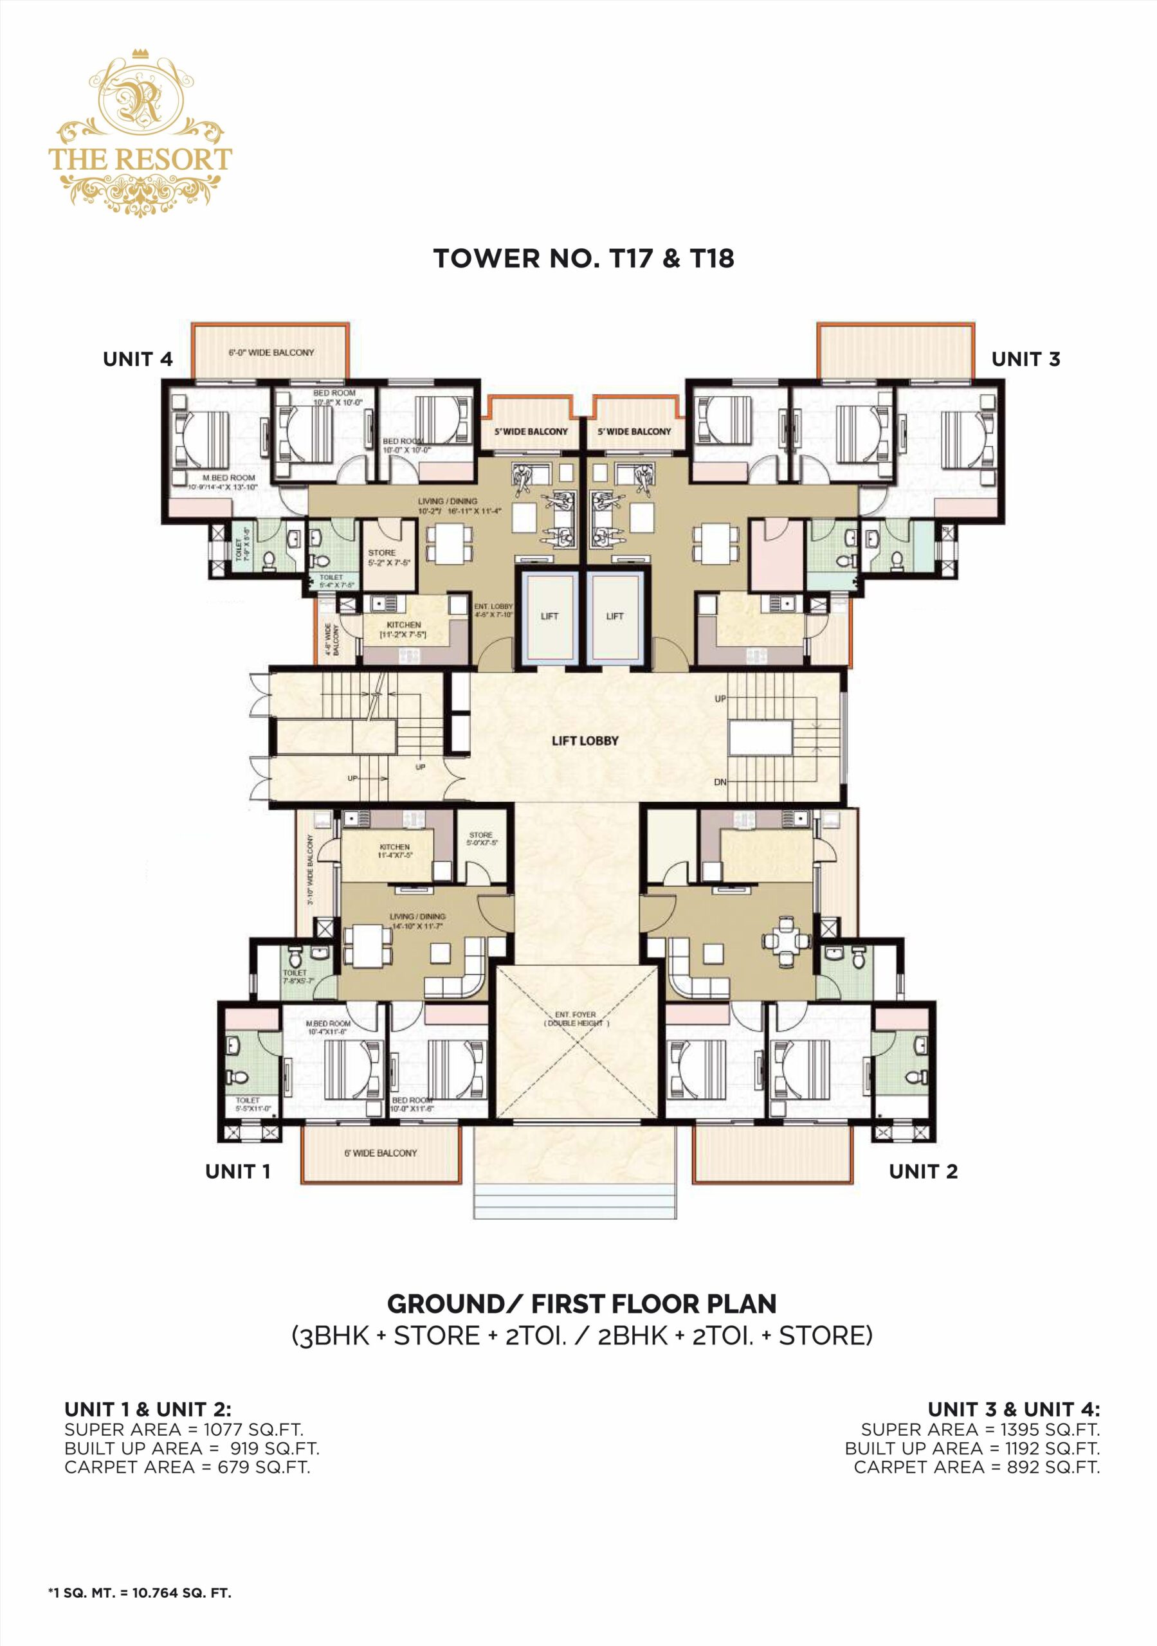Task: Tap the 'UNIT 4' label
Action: click(x=138, y=359)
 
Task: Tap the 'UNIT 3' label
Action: click(x=1025, y=359)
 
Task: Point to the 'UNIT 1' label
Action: click(x=237, y=1171)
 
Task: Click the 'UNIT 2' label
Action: click(x=922, y=1171)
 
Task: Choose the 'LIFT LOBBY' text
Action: click(x=585, y=741)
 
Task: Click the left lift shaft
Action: click(x=549, y=616)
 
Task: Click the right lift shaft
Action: click(x=615, y=616)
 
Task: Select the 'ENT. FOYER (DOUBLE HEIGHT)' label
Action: click(x=575, y=1018)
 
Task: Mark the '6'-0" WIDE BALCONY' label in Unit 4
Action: click(x=271, y=353)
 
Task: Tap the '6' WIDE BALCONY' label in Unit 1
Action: click(x=380, y=1153)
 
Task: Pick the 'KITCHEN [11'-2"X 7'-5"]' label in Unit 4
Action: click(x=403, y=629)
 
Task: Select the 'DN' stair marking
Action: click(x=720, y=782)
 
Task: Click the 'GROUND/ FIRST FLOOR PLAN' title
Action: click(x=582, y=1303)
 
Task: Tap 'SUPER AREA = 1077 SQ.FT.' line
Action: click(x=184, y=1429)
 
